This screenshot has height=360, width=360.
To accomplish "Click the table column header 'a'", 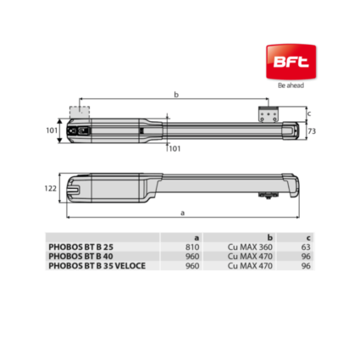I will pyautogui.click(x=197, y=238).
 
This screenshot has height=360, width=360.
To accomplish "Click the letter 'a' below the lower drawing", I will pyautogui.click(x=183, y=211).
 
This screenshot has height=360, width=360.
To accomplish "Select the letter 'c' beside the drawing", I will pyautogui.click(x=310, y=114).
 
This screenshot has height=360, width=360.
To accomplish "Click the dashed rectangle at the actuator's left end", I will pyautogui.click(x=79, y=114).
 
